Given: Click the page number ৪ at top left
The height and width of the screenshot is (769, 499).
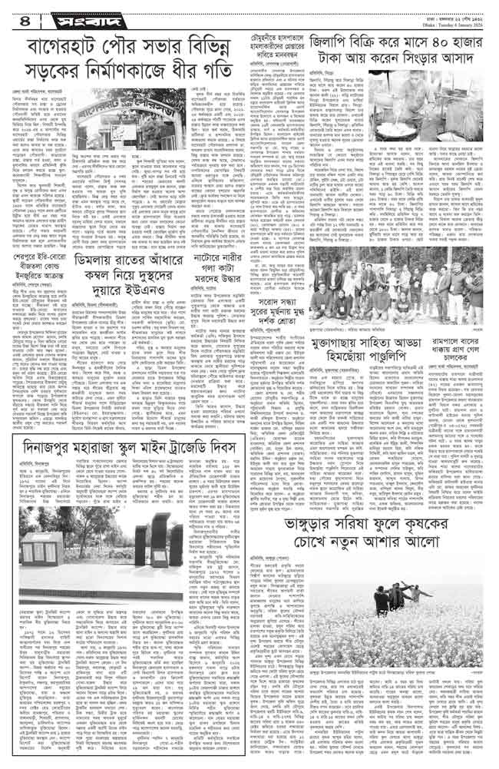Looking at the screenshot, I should [15, 15].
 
